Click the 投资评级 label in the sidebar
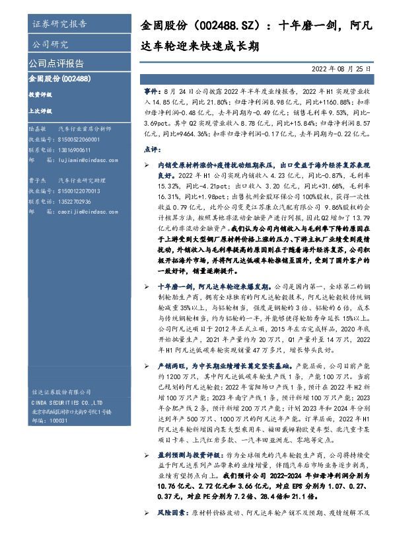(x=41, y=95)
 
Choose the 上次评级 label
(x=41, y=111)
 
